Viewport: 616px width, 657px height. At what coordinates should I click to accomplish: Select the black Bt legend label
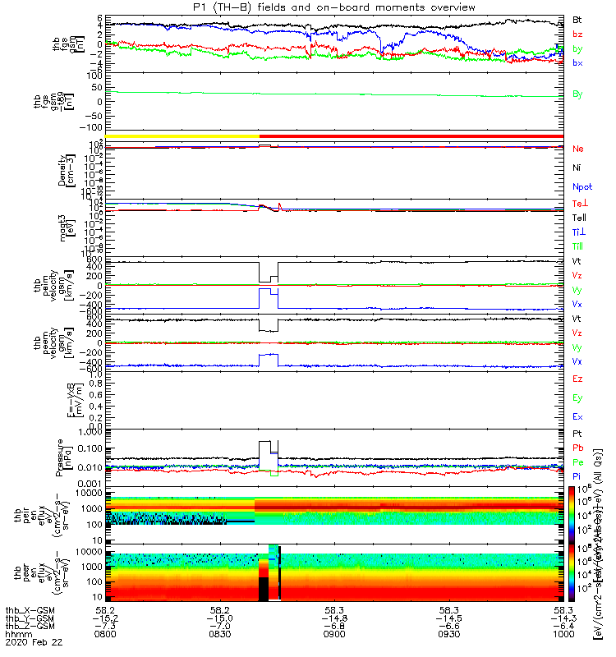tap(577, 19)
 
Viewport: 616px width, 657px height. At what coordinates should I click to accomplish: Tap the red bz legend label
tap(577, 34)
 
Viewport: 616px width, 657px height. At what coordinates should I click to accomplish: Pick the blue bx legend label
tap(577, 63)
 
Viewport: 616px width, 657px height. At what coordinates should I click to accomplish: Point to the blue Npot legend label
tap(582, 186)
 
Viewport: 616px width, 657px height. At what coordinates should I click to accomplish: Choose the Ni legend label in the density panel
tap(577, 168)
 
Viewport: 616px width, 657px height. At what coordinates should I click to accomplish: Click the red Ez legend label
tap(577, 378)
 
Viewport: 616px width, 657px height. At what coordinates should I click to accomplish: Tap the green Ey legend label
tap(577, 397)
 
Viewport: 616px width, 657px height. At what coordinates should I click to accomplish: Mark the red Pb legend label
tap(577, 448)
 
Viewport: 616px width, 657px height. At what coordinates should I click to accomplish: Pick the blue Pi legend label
tap(577, 476)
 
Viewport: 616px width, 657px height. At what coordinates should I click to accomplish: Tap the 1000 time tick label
tap(563, 635)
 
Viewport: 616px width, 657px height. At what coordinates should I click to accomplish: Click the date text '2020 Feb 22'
tap(33, 644)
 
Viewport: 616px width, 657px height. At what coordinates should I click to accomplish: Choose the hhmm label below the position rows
tap(16, 635)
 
